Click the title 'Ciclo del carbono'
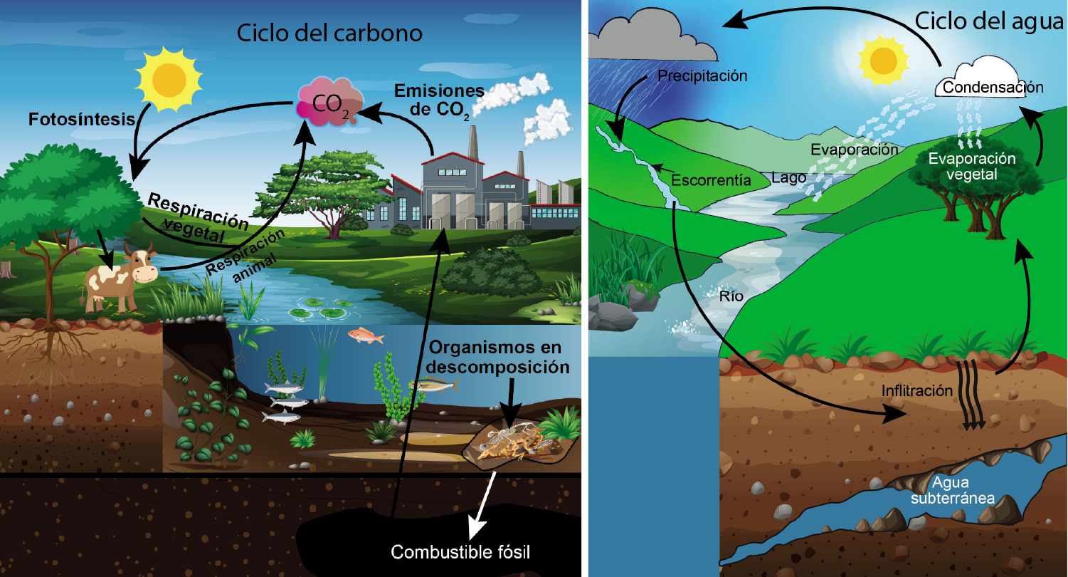pos(330,33)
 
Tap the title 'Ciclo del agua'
pos(988,21)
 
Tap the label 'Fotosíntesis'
pos(81,120)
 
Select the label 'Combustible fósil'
pos(461,552)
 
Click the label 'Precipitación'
pos(702,75)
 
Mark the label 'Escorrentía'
pos(712,180)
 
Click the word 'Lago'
pos(788,177)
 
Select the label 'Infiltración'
pos(916,390)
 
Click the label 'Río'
pos(731,297)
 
